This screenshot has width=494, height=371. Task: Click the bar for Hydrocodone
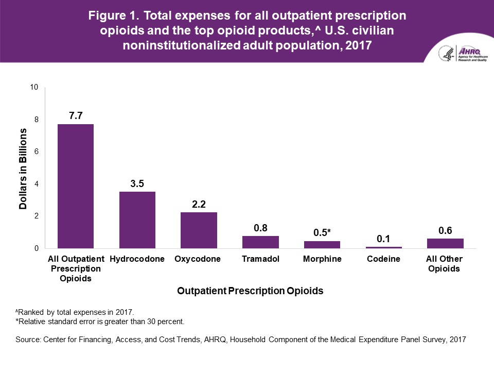click(x=137, y=220)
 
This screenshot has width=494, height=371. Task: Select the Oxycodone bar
click(x=199, y=230)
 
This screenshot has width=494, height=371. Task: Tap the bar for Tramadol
click(x=260, y=242)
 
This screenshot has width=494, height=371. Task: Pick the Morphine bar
click(x=322, y=245)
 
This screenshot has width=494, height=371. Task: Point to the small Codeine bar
click(x=384, y=247)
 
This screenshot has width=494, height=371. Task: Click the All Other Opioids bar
click(x=445, y=243)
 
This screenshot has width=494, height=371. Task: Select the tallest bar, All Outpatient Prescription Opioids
click(x=76, y=186)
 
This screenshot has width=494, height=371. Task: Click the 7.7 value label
click(x=76, y=116)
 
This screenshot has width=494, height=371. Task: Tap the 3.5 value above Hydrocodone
click(x=137, y=183)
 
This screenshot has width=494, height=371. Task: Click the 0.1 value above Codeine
click(x=384, y=239)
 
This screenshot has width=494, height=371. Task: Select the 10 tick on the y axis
click(x=34, y=87)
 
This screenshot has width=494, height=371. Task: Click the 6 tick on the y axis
click(x=37, y=152)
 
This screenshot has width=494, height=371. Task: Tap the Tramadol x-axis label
click(x=260, y=259)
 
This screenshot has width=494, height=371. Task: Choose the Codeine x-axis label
click(x=384, y=259)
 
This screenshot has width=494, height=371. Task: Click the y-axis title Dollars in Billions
click(x=23, y=168)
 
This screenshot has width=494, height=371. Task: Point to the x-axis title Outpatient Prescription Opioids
click(x=250, y=291)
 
